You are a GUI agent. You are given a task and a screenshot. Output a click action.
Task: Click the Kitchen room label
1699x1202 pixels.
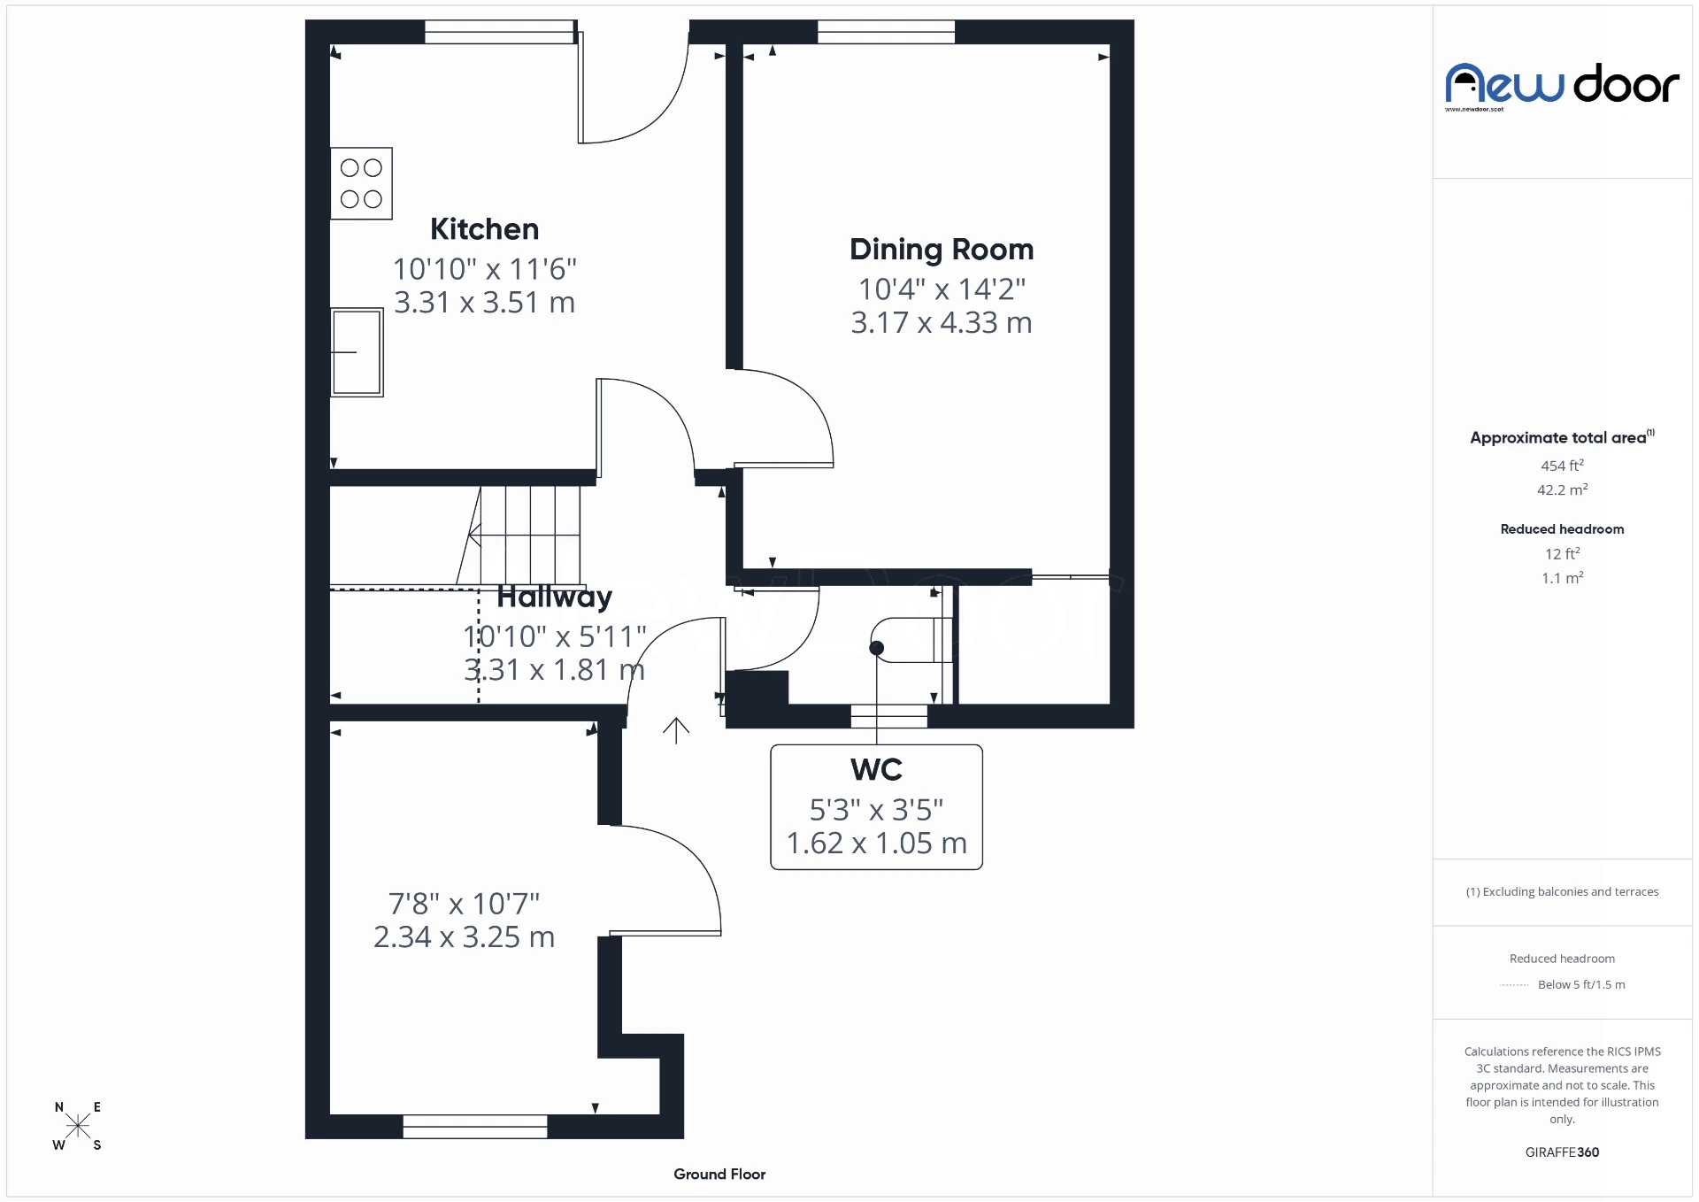(484, 229)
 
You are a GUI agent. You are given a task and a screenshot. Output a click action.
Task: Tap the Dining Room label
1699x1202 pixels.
(941, 250)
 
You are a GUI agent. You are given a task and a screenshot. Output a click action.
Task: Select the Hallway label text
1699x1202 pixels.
(554, 597)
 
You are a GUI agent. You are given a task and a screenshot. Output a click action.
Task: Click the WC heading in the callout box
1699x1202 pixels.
(876, 770)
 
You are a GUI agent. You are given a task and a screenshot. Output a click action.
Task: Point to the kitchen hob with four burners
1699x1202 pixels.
(361, 183)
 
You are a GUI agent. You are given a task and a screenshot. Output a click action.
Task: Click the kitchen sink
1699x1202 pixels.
(357, 351)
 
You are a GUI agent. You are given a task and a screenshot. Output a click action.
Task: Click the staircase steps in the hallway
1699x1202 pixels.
(529, 535)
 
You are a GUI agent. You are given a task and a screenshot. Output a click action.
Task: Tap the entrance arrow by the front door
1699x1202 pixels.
(676, 730)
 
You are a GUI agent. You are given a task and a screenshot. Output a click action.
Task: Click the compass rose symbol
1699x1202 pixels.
(78, 1126)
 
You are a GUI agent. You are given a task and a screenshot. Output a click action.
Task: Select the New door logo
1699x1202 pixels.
(1562, 86)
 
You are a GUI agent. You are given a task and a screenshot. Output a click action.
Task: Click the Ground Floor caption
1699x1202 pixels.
(719, 1175)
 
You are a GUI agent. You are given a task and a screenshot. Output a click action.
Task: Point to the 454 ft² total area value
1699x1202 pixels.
(1562, 466)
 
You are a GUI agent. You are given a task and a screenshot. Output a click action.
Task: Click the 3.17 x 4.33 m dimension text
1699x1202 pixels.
(941, 323)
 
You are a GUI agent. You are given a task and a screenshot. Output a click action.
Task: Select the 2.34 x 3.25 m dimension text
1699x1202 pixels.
(464, 937)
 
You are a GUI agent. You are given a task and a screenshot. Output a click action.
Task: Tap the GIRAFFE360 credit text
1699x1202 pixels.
(1562, 1152)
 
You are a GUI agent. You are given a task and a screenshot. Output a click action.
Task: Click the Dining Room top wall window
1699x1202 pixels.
(886, 33)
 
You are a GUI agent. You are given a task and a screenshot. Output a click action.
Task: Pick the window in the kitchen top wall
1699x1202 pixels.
(500, 33)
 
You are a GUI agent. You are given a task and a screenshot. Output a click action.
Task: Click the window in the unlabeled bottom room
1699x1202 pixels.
(474, 1127)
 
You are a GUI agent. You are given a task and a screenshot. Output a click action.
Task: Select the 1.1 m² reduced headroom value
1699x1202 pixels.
(1562, 578)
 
